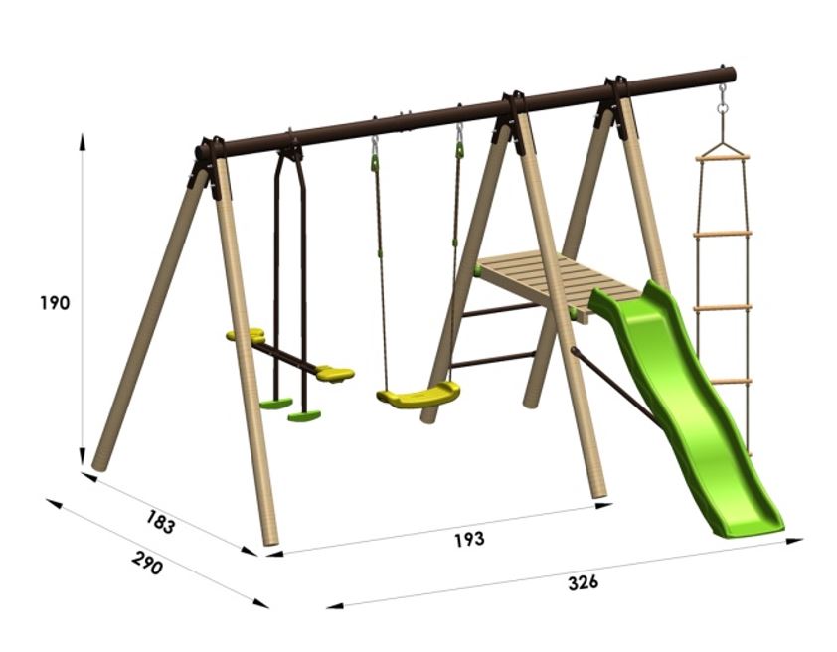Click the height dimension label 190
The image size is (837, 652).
click(x=55, y=303)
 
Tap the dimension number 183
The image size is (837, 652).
click(x=160, y=521)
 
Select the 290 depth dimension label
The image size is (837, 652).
click(x=146, y=564)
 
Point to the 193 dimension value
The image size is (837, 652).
click(x=470, y=539)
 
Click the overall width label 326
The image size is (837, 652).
click(x=583, y=582)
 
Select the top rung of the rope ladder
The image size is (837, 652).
click(x=723, y=157)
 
